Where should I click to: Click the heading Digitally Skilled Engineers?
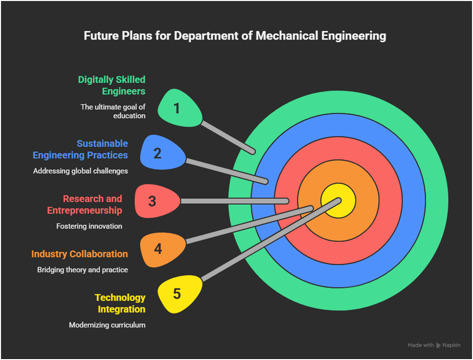[x=112, y=85]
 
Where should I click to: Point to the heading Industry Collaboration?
[x=80, y=254]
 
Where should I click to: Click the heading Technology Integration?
[x=120, y=303]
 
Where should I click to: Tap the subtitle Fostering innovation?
[x=89, y=226]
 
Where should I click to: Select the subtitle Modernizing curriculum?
[x=107, y=325]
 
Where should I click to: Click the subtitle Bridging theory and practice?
[x=83, y=270]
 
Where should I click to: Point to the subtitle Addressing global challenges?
[x=81, y=171]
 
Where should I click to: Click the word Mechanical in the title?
[x=287, y=36]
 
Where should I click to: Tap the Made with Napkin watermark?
[x=433, y=345]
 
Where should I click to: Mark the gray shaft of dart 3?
[x=235, y=201]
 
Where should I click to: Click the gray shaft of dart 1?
[x=228, y=136]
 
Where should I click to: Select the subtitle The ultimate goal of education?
[x=113, y=111]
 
